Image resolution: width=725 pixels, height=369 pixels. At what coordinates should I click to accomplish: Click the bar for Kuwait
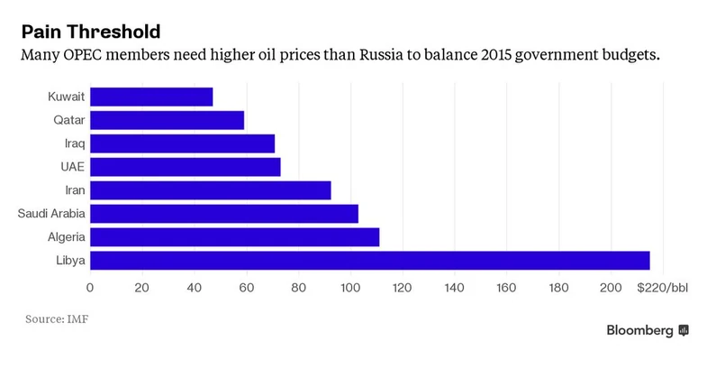(x=151, y=97)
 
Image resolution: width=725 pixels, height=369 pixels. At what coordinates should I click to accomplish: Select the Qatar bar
(x=167, y=120)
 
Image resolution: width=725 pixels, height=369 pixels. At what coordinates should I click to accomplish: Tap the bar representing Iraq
(x=182, y=143)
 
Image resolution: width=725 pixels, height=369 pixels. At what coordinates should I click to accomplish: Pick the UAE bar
(x=185, y=167)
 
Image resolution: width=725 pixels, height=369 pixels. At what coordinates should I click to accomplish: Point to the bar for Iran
(x=210, y=190)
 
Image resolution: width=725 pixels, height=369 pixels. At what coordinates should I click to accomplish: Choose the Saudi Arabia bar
(x=223, y=214)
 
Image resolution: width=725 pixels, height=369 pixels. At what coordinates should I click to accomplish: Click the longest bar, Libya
(x=369, y=261)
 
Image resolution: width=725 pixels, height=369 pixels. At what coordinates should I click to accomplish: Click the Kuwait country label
(x=68, y=97)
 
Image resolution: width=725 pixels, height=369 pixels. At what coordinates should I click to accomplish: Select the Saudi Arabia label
(x=51, y=214)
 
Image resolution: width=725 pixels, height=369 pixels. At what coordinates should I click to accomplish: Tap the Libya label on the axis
(x=70, y=261)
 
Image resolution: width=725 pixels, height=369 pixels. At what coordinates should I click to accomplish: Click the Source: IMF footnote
(x=57, y=318)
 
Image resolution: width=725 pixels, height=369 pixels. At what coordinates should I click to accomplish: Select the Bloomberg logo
(x=647, y=330)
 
